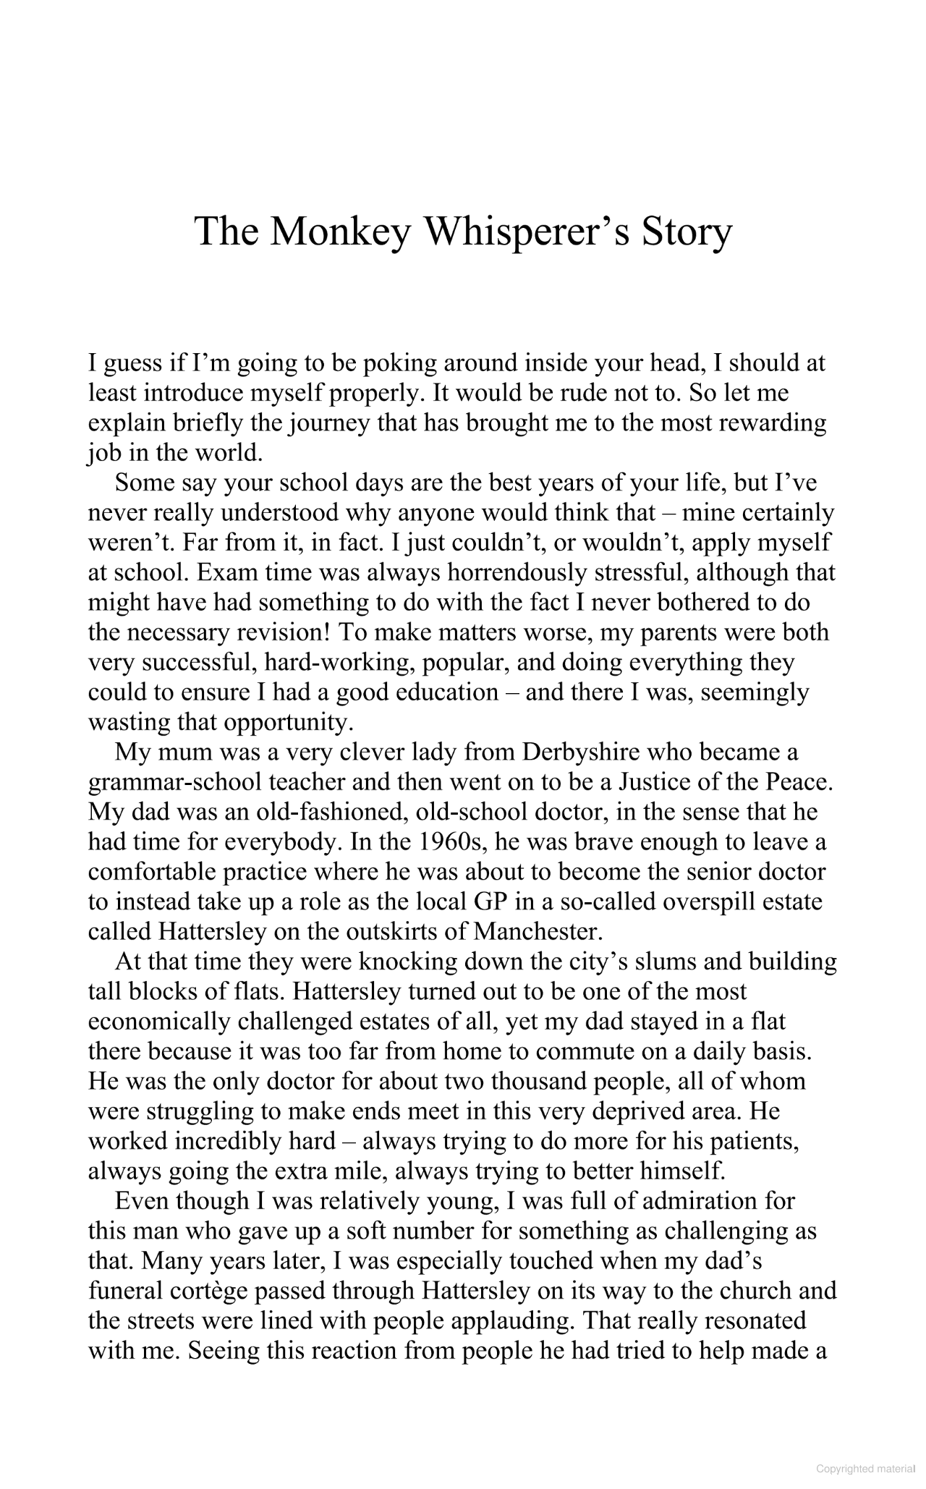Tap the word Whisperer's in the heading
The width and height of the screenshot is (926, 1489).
514,232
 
